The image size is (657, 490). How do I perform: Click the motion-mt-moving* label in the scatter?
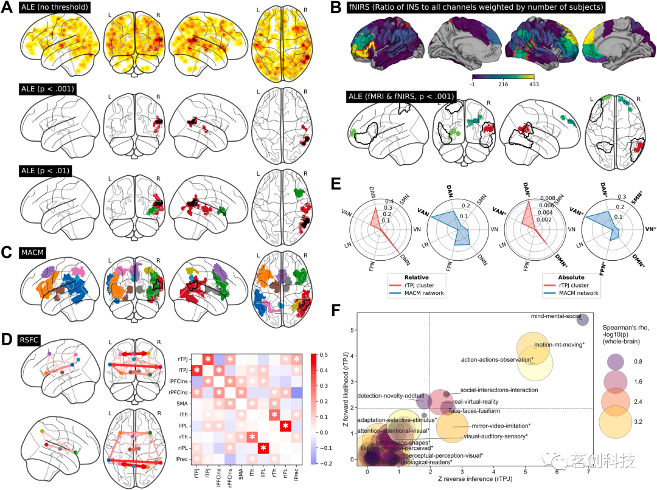(559, 345)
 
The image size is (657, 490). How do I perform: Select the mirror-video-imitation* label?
(501, 426)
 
